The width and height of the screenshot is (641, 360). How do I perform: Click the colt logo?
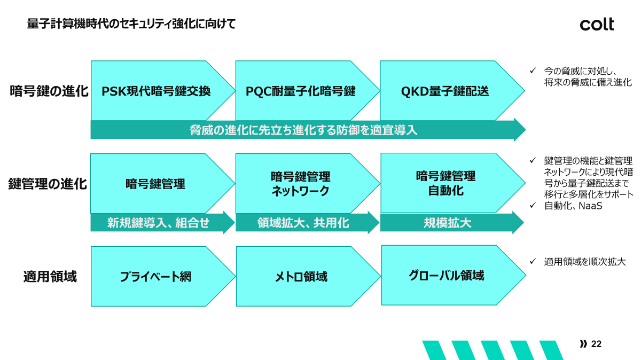coord(597,24)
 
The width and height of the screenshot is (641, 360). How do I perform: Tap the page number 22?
coord(597,344)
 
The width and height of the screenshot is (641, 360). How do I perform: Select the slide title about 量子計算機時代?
coord(131,24)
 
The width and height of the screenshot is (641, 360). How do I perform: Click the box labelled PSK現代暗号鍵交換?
coord(157,91)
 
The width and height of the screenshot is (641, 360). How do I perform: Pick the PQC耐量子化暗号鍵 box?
coord(301,91)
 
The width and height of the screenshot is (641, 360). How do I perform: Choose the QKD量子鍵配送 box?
coord(445,91)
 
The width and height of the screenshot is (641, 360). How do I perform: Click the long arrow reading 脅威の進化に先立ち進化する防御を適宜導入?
coord(303,130)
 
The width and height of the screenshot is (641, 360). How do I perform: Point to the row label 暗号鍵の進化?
coord(49,91)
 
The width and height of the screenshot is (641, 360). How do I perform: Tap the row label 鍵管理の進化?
coord(48,184)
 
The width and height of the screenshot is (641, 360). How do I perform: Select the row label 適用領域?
coord(50,277)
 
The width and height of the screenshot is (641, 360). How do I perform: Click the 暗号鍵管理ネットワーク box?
coord(301,184)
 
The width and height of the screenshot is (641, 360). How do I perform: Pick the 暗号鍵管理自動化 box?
coord(445,183)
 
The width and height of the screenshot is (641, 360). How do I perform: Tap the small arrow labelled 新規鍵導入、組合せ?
coord(158,223)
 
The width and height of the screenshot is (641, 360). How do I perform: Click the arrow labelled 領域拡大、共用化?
coord(303,223)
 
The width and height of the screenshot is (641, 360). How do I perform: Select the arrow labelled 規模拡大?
coord(448,223)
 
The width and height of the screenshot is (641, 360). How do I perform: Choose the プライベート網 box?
coord(155,277)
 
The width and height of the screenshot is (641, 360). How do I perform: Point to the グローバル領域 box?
coord(447,276)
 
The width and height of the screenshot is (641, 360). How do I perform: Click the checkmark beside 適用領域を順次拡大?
coord(533,261)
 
